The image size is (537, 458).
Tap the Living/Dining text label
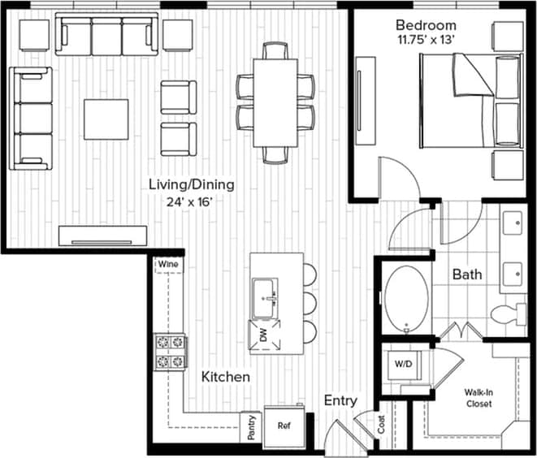click(192, 184)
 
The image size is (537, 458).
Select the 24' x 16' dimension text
click(192, 202)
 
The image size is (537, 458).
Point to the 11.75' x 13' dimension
click(423, 39)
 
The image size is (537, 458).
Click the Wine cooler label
click(168, 265)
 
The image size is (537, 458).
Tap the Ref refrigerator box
click(284, 425)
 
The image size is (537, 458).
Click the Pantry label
click(253, 428)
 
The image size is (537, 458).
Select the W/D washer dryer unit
click(404, 363)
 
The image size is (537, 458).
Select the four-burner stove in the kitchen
click(171, 352)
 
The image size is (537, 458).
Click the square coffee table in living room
click(106, 119)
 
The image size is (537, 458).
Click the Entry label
click(340, 400)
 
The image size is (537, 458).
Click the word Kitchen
click(225, 377)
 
